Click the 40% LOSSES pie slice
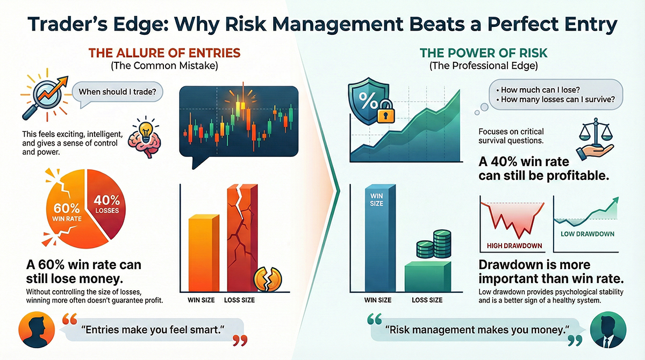(x=106, y=203)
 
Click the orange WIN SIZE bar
(x=204, y=253)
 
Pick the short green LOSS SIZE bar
(x=428, y=277)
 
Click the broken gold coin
(x=268, y=279)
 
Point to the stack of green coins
(x=434, y=244)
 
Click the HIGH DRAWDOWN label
(x=514, y=246)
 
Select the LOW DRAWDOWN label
(x=587, y=234)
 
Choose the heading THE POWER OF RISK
(x=483, y=53)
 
